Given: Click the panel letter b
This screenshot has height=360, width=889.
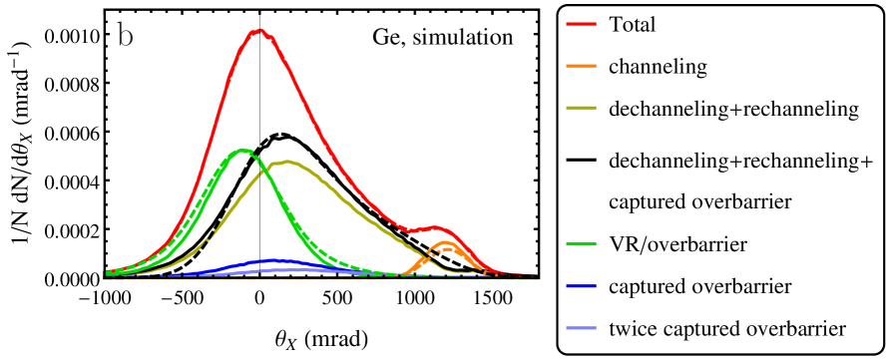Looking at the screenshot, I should coord(125,37).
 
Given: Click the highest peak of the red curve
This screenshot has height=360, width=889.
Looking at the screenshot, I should coord(259,31).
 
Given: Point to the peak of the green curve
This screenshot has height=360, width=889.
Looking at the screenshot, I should coord(242,151).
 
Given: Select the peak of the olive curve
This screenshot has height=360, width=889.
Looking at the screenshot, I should coord(287,162).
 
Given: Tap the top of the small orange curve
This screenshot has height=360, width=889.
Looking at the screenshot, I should coord(445,242).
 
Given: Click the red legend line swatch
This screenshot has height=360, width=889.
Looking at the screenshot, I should coord(581,23).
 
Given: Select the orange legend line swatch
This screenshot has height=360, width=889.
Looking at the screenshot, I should coord(581,66).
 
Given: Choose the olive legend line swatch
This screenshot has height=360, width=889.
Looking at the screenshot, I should coord(581,108).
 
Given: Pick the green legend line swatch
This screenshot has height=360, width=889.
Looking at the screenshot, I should coord(581,244).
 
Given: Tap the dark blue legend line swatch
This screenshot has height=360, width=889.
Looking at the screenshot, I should coord(581,286).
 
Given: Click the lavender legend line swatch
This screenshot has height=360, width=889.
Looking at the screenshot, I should coord(581,328).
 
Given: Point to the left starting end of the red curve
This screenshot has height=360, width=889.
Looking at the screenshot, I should coord(107,272).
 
